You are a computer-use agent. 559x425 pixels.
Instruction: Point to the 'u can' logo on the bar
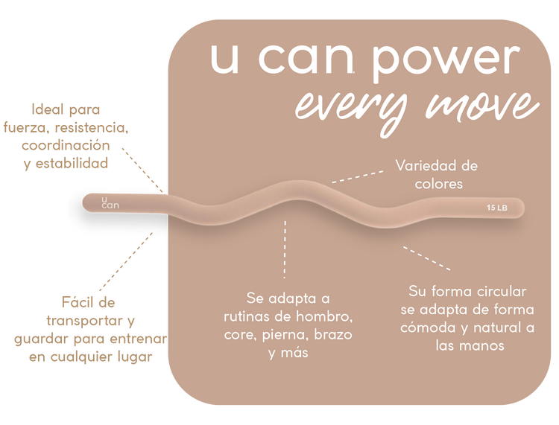pyautogui.click(x=110, y=202)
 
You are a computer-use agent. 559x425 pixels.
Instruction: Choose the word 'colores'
pyautogui.click(x=437, y=182)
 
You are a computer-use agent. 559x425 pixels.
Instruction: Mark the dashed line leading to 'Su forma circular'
pyautogui.click(x=427, y=258)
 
